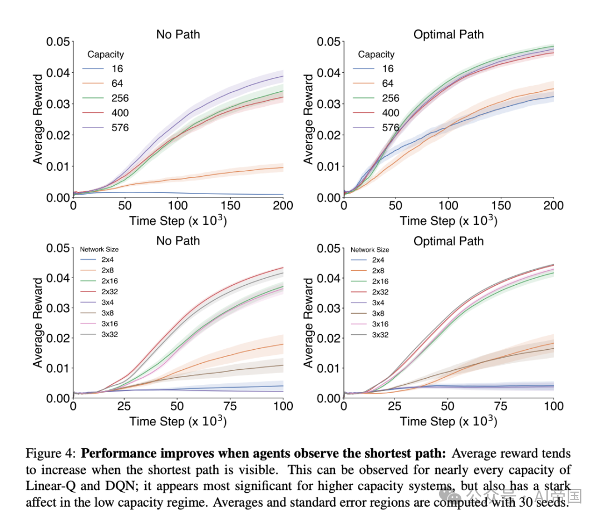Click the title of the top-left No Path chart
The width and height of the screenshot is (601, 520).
tap(178, 34)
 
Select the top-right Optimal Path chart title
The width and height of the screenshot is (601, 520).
tap(449, 34)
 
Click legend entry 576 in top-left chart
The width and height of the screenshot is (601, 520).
tap(120, 127)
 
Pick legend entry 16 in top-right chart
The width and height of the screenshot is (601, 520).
tap(388, 69)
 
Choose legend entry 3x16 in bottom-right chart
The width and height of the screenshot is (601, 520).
tap(380, 324)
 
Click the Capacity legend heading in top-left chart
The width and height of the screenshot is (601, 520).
tap(106, 55)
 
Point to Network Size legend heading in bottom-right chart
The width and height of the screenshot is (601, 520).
tap(370, 250)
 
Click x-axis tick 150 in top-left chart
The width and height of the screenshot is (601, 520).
tap(230, 206)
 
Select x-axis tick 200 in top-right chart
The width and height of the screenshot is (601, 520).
tap(553, 206)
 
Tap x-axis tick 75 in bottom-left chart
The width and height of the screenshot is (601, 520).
tap(231, 406)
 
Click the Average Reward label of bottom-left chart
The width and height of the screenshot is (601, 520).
tap(38, 323)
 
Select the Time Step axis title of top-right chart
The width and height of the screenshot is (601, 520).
tap(449, 221)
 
